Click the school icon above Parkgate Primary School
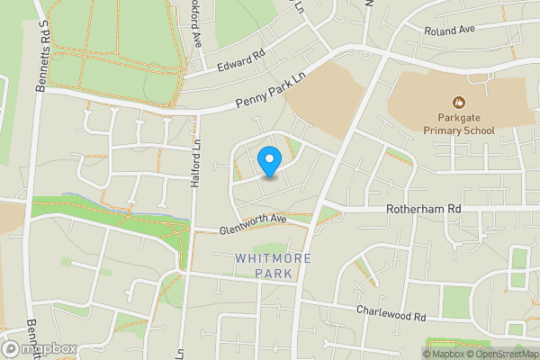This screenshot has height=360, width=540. pos(460,103)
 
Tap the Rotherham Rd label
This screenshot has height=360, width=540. pos(423,208)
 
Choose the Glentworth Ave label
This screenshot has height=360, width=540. pos(252,224)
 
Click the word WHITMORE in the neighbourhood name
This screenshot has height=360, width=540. pos(273,258)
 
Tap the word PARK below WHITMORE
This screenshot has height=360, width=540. pos(273,273)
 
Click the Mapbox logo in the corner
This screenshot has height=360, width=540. pos(39,349)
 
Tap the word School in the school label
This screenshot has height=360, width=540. pos(476,130)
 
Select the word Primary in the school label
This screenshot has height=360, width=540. pos(444,130)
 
